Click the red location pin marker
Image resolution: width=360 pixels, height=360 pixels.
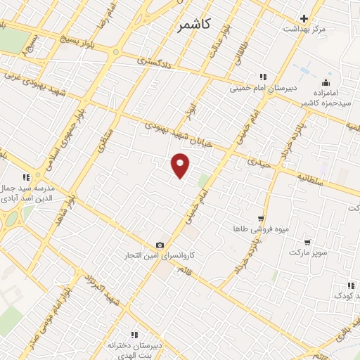click(x=181, y=165)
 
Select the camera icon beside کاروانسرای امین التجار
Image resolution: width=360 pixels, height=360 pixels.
click(x=160, y=245)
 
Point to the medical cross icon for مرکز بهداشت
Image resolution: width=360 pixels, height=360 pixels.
click(x=304, y=18)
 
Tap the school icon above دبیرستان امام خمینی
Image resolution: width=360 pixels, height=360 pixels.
click(x=262, y=77)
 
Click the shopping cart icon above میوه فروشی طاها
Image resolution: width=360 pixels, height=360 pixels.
click(x=261, y=219)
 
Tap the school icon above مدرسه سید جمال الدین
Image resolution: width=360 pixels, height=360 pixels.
click(x=25, y=177)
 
